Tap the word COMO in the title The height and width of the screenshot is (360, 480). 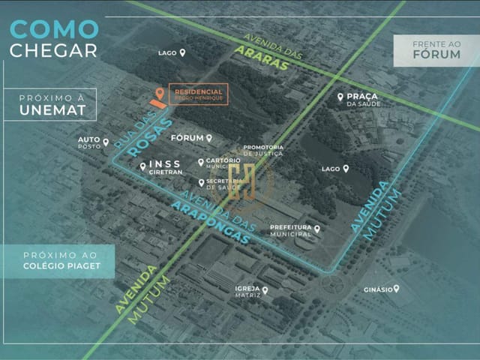pyautogui.click(x=54, y=29)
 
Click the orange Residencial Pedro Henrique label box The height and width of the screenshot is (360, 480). pyautogui.click(x=198, y=94)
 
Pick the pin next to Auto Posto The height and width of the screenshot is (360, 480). pyautogui.click(x=106, y=142)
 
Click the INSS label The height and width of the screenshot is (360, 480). pyautogui.click(x=165, y=163)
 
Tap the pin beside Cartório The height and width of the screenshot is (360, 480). pyautogui.click(x=200, y=161)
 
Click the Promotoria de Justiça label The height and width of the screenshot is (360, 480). pyautogui.click(x=263, y=150)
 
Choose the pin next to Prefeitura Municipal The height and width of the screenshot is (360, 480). pyautogui.click(x=317, y=229)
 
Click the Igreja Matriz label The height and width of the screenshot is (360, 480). pyautogui.click(x=247, y=292)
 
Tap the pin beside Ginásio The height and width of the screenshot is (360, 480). pyautogui.click(x=396, y=288)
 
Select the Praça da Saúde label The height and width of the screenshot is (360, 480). pyautogui.click(x=363, y=100)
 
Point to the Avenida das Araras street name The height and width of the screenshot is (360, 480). pyautogui.click(x=262, y=53)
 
